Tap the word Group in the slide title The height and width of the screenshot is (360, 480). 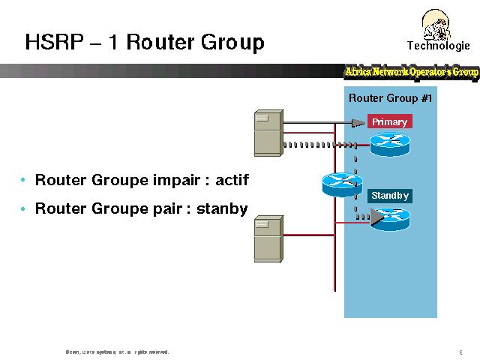[x=232, y=42]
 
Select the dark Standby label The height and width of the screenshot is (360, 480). [x=390, y=196]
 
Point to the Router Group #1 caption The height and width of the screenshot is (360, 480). [x=390, y=98]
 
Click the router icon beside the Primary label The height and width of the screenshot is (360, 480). [x=390, y=143]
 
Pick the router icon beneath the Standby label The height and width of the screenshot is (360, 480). [x=391, y=218]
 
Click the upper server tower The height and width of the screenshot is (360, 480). [x=268, y=132]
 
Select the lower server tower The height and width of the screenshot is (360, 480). [x=268, y=239]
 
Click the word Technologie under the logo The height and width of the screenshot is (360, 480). [x=438, y=45]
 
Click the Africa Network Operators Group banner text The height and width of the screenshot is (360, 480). [x=411, y=72]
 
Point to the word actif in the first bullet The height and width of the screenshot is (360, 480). [x=232, y=181]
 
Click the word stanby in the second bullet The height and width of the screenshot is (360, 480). [x=222, y=208]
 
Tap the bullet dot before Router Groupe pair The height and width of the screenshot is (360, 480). [x=24, y=208]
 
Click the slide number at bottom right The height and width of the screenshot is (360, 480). [x=459, y=351]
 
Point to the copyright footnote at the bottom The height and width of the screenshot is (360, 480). [x=117, y=351]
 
